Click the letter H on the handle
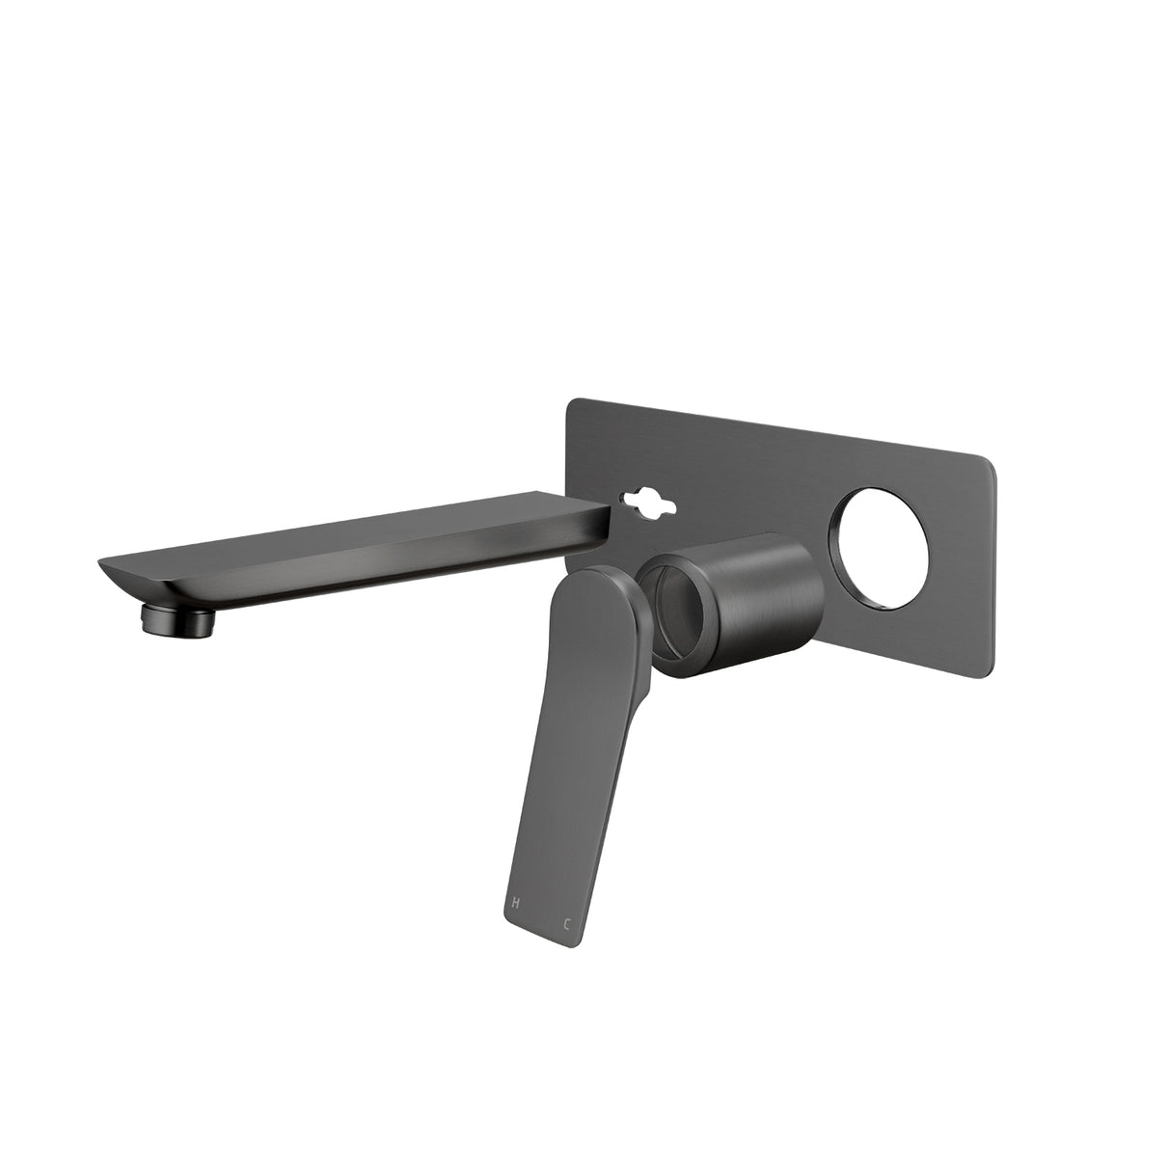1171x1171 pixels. [x=516, y=903]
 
